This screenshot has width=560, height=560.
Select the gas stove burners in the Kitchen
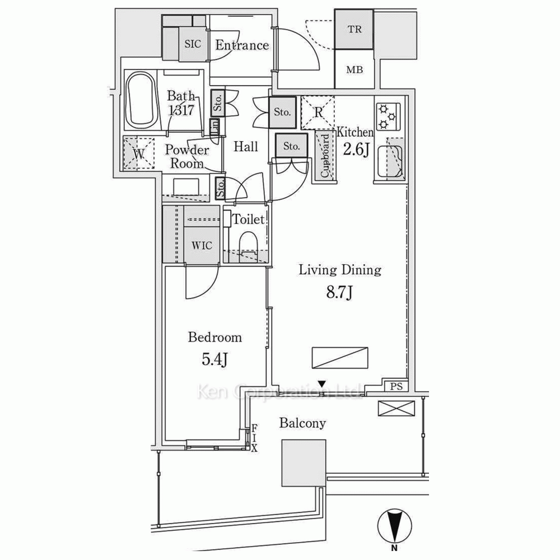coord(388,116)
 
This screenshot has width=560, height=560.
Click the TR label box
coord(354,29)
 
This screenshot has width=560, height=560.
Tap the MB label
coord(354,69)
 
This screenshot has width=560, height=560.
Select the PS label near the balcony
coord(396,386)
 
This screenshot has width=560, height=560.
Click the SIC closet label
coord(193,44)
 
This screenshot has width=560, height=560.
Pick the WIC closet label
coord(202,246)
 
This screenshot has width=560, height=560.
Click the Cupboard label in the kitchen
coord(325,156)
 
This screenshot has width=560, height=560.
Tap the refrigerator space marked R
coord(318,113)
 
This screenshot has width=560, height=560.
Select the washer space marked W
coord(138,153)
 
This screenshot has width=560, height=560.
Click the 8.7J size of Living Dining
coord(339,293)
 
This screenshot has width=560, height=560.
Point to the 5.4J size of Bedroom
coord(215,360)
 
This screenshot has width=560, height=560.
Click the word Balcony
coord(302,423)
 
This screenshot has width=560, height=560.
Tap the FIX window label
coord(254,438)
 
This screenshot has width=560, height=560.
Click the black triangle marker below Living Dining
coord(322,384)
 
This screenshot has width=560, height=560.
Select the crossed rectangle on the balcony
coord(396,408)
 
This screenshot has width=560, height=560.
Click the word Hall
coord(246,146)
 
